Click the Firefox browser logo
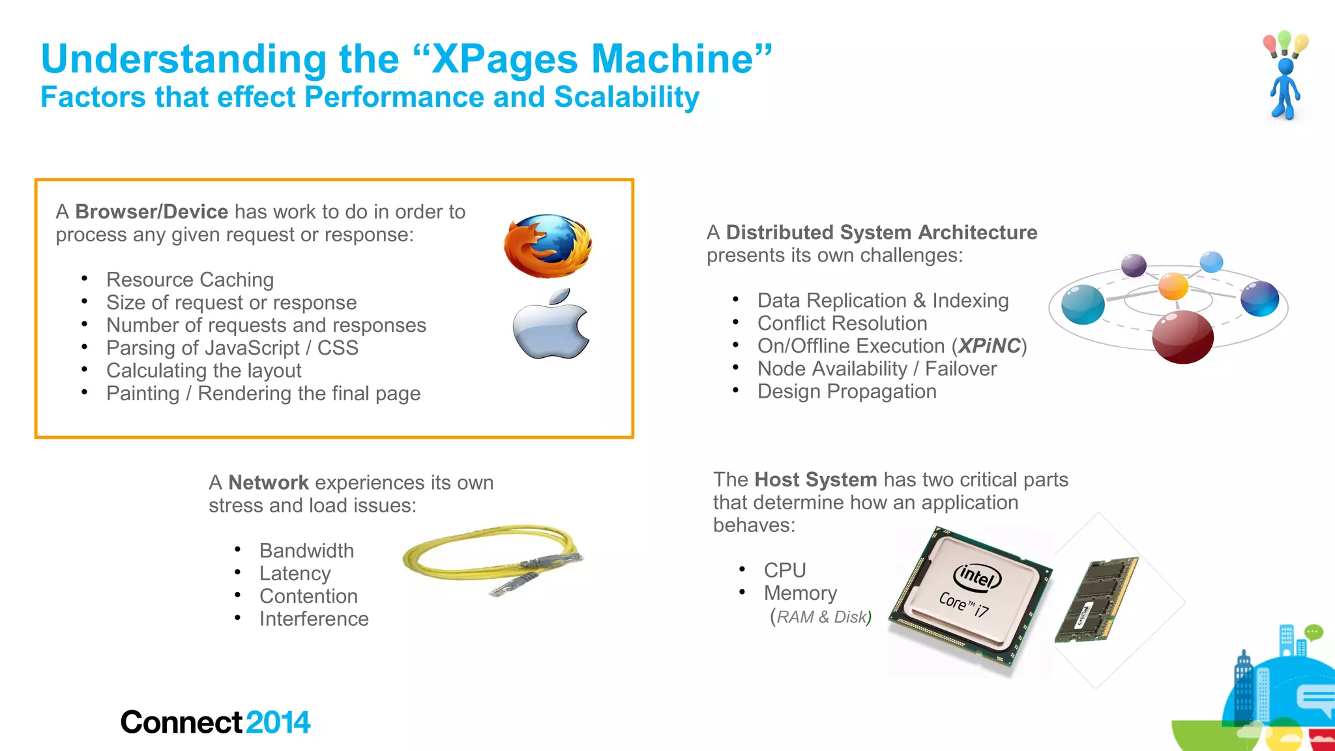(548, 246)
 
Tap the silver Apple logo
(551, 326)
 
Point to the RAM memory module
(1095, 600)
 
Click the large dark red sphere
(1182, 337)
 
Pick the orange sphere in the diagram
(1173, 286)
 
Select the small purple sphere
(1134, 265)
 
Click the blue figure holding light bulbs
(1284, 85)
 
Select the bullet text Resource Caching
(190, 280)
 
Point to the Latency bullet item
(295, 574)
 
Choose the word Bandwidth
(306, 551)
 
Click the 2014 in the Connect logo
(278, 722)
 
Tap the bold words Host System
(815, 480)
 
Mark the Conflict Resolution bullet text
(842, 323)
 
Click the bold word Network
(268, 483)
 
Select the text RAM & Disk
(821, 617)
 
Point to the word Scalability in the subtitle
(626, 97)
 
